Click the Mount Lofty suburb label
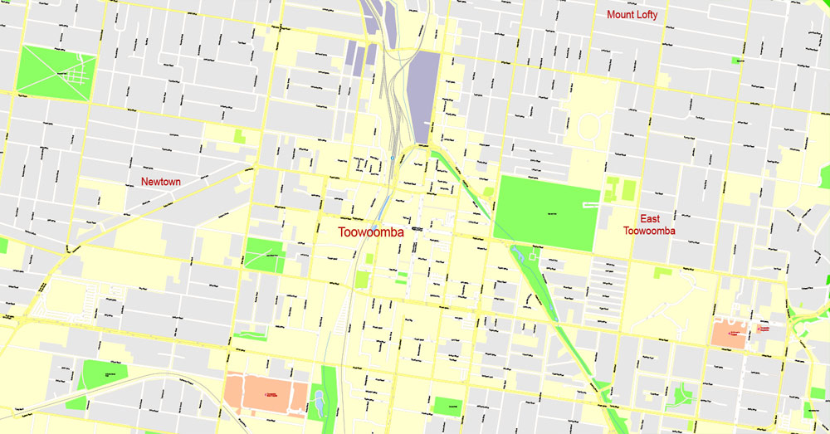632,14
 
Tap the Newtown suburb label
160,182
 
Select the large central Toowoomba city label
371,233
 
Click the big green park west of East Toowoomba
545,212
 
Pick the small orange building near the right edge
728,333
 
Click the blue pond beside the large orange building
318,404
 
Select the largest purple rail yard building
423,95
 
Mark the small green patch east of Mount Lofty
736,60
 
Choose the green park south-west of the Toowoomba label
264,255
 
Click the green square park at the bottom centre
447,406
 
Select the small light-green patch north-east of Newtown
239,136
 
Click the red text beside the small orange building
769,329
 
